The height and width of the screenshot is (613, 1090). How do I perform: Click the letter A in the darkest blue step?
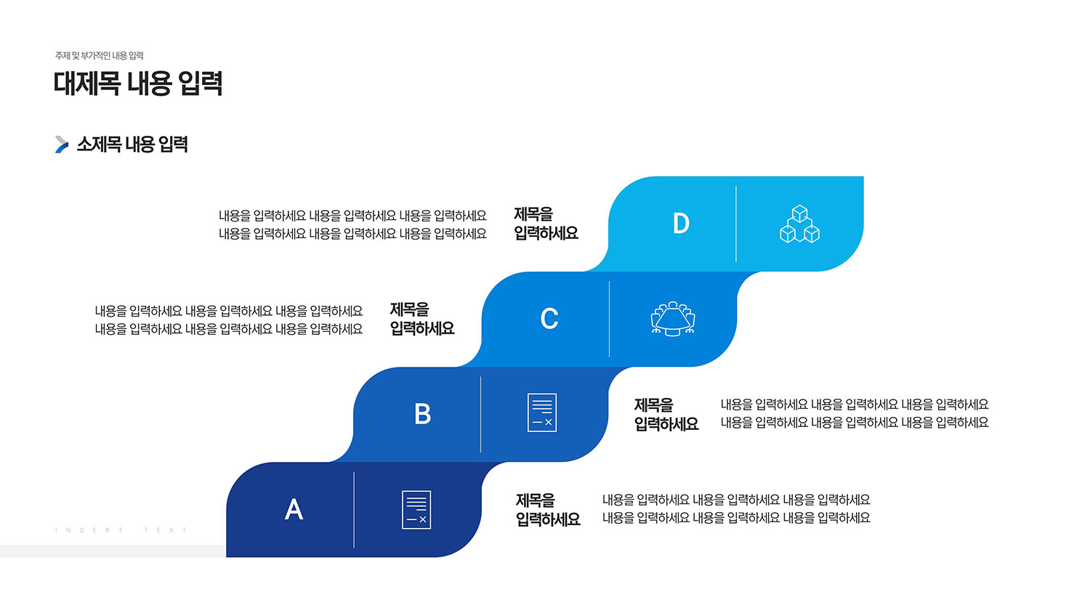coord(294,509)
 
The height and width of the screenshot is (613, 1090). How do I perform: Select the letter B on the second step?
coord(422,414)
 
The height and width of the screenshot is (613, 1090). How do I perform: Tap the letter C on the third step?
coord(549,319)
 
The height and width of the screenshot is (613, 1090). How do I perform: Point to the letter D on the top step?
coord(681,223)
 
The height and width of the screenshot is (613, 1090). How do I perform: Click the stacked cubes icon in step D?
coord(799,224)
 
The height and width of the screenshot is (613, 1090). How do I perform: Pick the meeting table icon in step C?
coord(673,319)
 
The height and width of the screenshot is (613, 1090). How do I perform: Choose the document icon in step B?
coord(542,413)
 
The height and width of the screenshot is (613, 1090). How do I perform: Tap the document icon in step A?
coord(416,509)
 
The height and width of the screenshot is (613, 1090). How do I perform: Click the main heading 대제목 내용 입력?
coord(138,83)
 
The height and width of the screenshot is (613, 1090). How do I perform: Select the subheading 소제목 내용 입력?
coord(132,144)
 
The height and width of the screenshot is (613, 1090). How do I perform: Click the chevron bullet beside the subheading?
coord(62,145)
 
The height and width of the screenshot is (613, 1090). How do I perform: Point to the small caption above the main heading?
coord(100,55)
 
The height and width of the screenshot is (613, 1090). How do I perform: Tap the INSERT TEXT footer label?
coord(121,529)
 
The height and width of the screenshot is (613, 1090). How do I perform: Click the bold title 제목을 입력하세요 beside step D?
coord(546,224)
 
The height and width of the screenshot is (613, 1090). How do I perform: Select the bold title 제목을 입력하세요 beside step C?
coord(422,319)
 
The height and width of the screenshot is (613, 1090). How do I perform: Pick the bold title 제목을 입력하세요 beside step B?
coord(666,415)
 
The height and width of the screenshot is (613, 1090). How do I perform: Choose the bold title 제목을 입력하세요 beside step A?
coord(548,510)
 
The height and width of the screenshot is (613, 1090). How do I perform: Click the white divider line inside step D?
coord(735,224)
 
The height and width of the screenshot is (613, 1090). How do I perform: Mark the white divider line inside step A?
coord(354,510)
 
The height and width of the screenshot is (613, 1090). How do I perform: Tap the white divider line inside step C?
coord(609,319)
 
